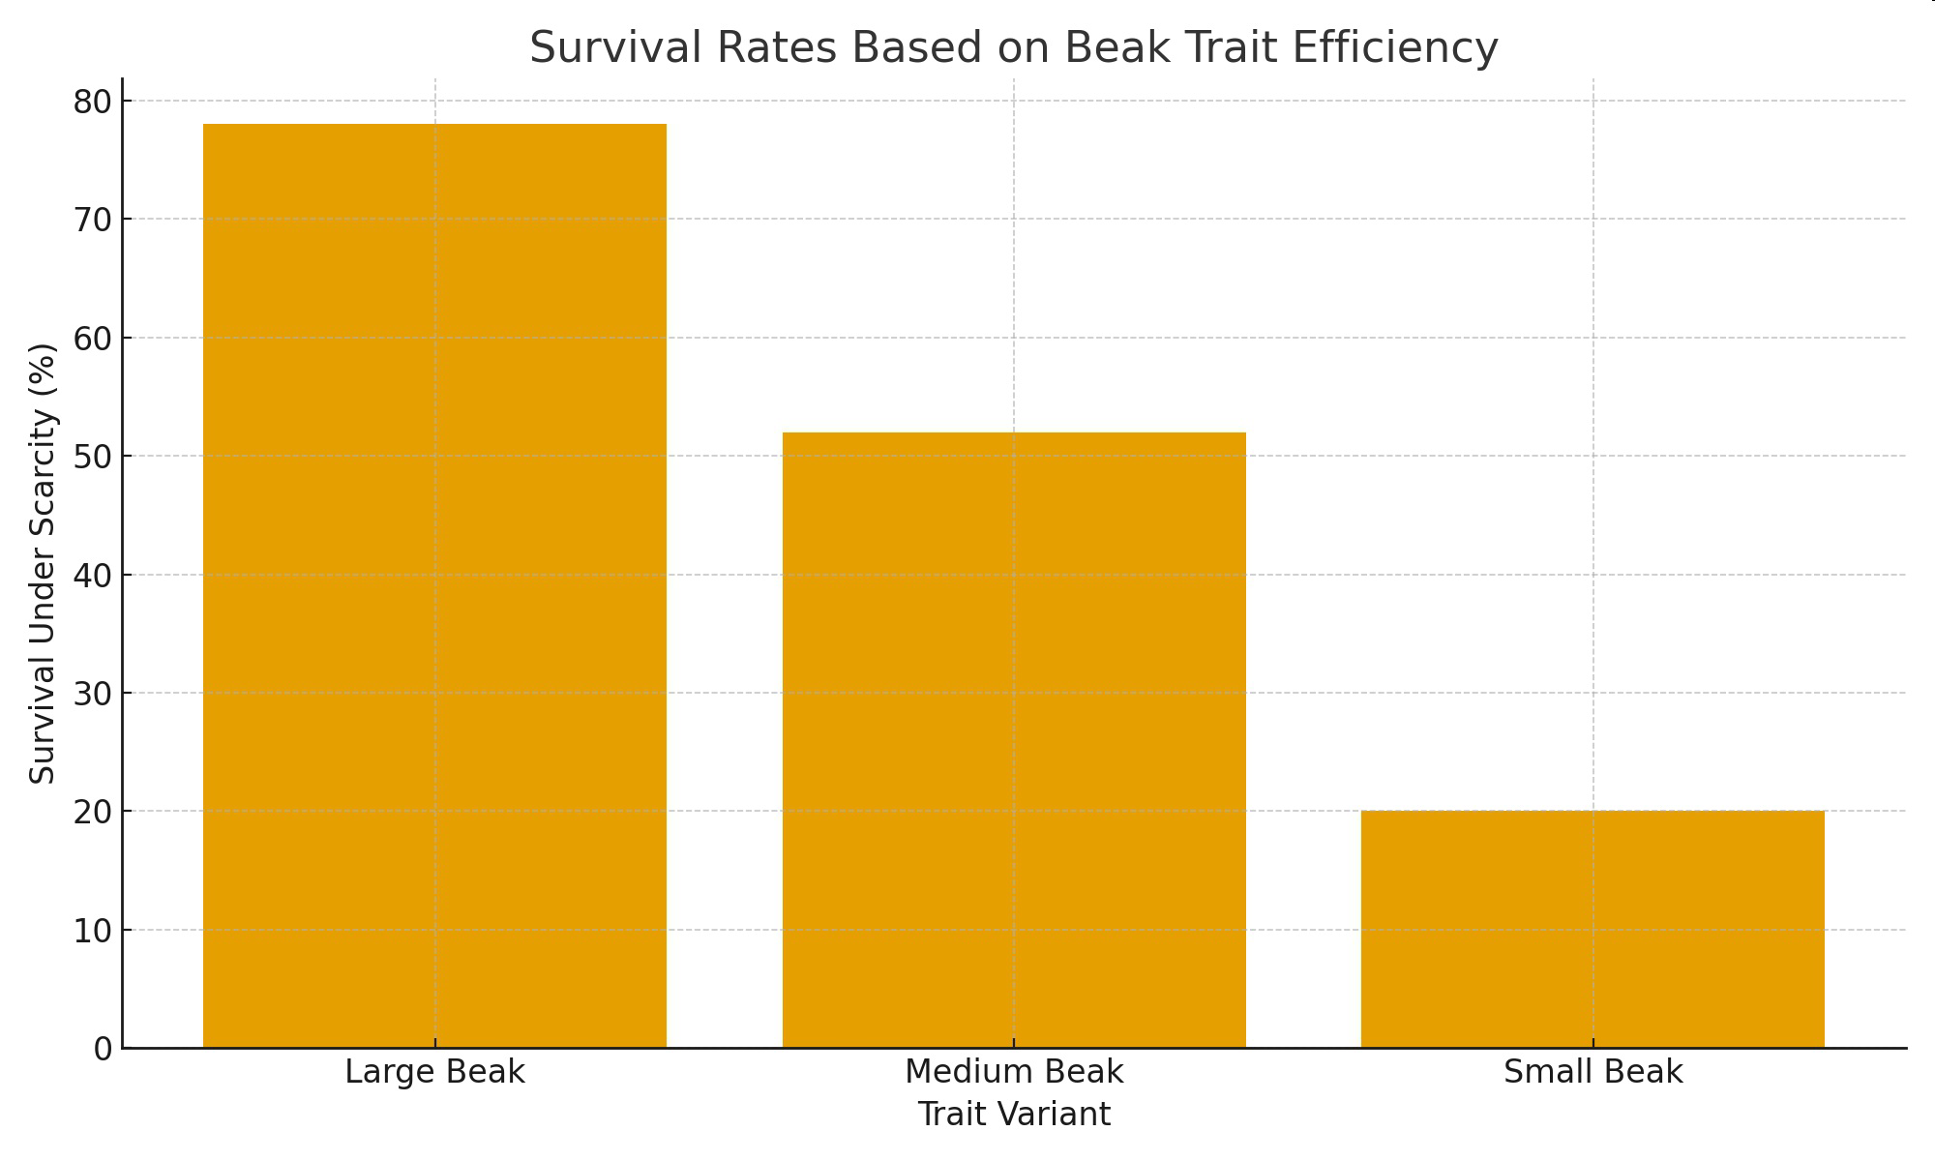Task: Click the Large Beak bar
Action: tap(434, 585)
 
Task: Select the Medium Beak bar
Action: tap(1014, 740)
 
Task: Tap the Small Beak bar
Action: tap(1593, 929)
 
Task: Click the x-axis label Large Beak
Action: tap(434, 1072)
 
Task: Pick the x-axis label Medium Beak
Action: tap(1014, 1072)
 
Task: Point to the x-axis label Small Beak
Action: tap(1593, 1072)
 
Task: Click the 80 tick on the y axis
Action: tap(92, 102)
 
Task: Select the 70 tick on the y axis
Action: tap(92, 220)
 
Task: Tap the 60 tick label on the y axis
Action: tap(92, 339)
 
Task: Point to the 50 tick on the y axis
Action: tap(92, 457)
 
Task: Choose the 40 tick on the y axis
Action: tap(92, 576)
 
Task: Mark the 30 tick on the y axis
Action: tap(92, 694)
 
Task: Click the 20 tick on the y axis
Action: tap(92, 812)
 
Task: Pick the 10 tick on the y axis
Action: tap(92, 931)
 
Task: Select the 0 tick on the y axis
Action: tap(103, 1049)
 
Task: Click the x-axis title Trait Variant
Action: tap(1014, 1115)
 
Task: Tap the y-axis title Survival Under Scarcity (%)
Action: tap(43, 563)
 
